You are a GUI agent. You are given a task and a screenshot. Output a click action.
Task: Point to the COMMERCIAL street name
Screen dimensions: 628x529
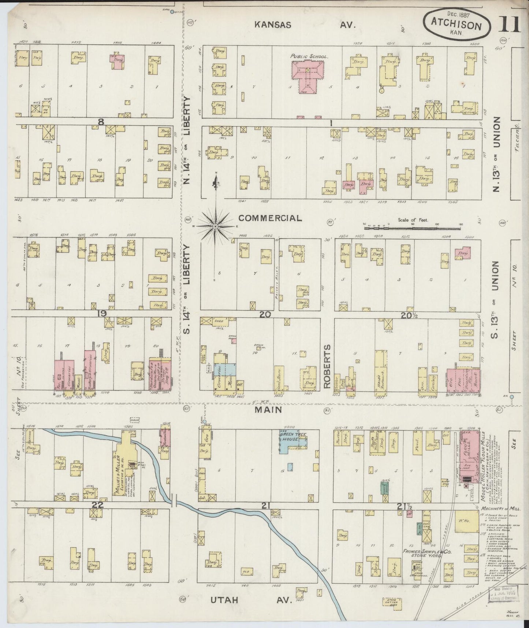point(270,218)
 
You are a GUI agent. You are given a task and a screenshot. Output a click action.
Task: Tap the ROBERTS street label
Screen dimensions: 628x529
point(327,366)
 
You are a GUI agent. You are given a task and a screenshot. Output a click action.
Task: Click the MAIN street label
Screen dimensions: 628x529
point(269,410)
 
